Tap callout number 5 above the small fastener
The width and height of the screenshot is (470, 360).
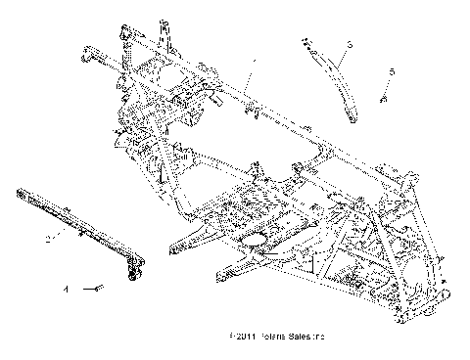392,72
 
